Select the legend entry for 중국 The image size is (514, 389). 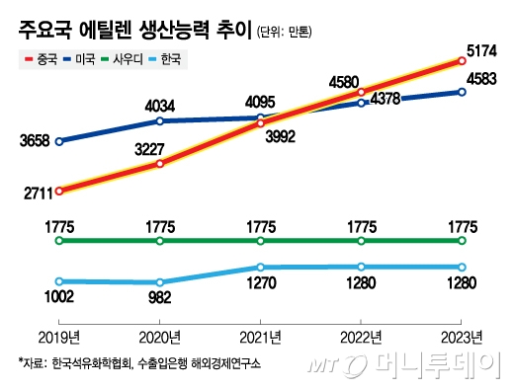38,59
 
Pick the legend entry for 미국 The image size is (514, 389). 82,59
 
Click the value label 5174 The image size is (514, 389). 481,47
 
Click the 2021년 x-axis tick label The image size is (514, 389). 260,334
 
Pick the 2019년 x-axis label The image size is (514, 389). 59,334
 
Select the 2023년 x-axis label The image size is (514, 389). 461,334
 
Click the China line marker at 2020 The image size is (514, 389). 159,164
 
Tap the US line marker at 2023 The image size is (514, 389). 461,93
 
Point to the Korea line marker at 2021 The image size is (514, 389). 260,268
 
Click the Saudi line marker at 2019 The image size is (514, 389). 59,241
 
